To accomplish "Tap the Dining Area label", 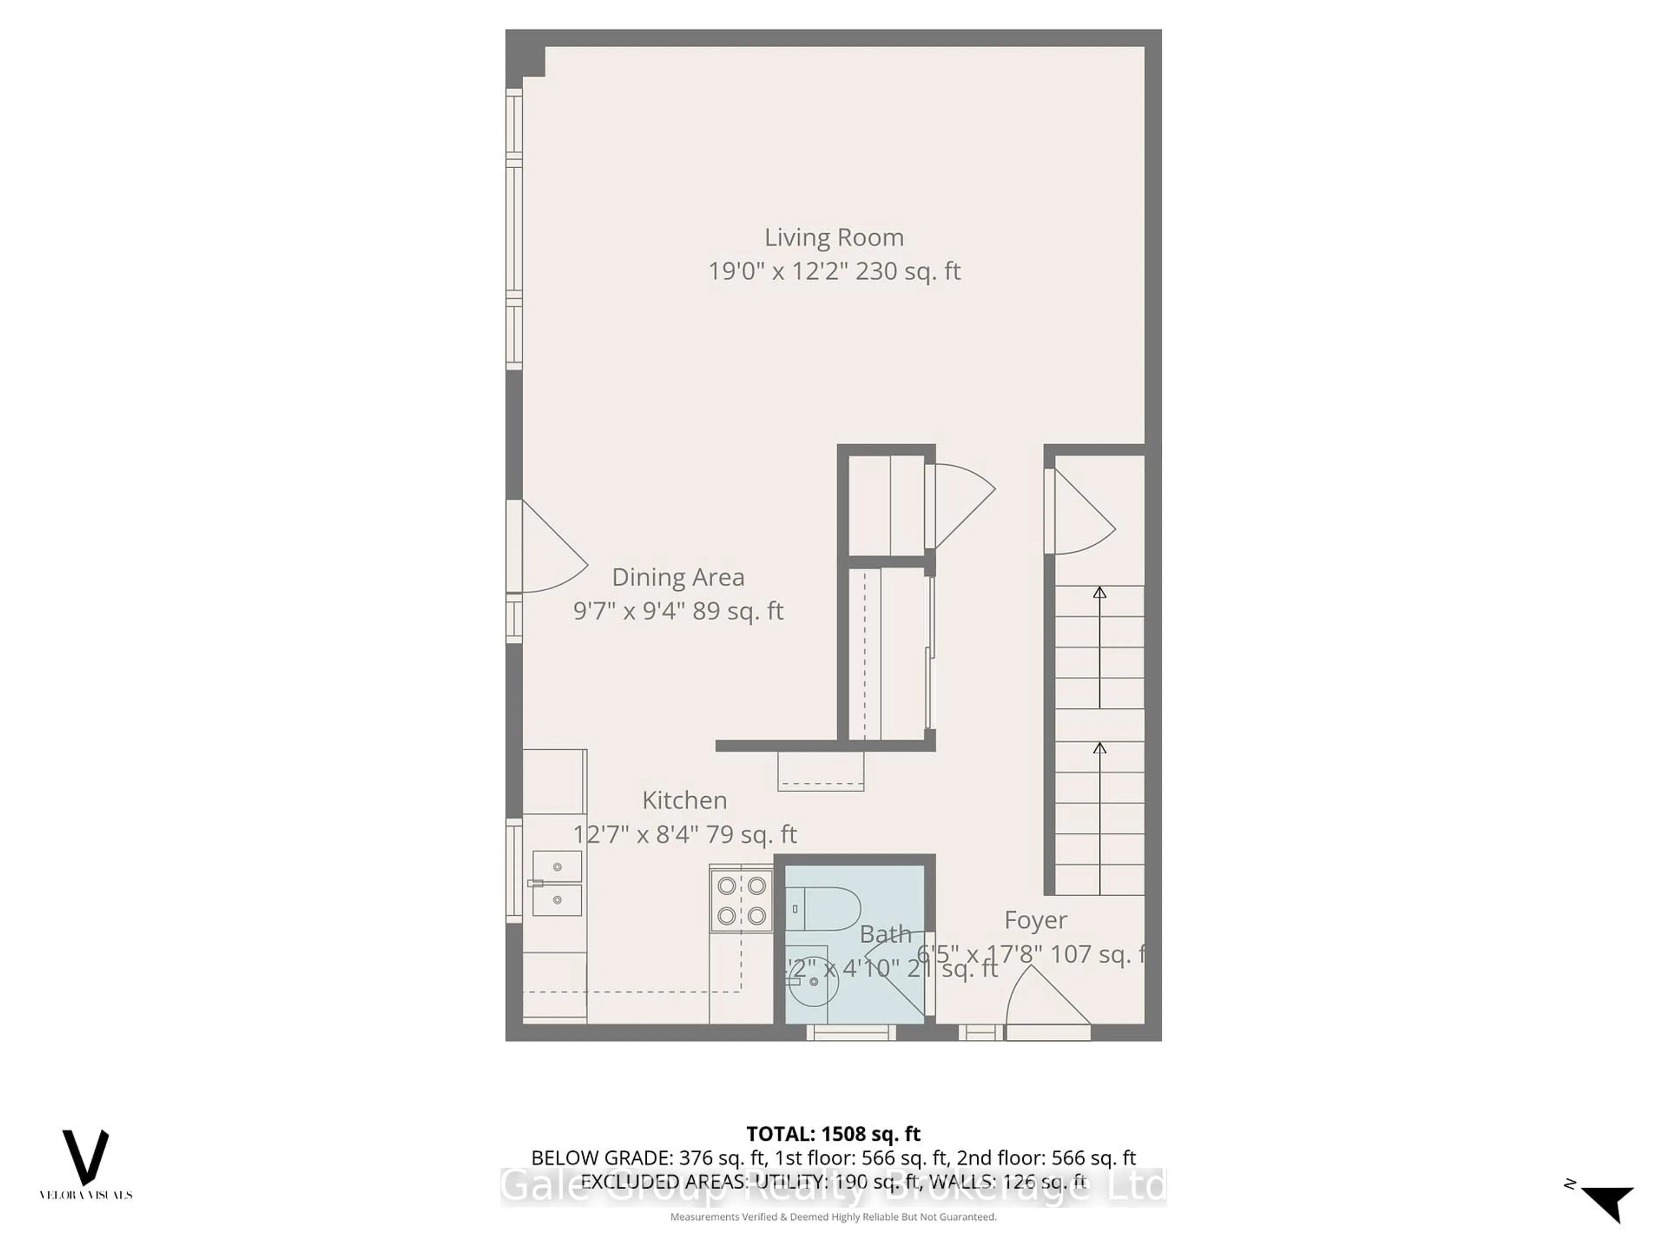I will [x=678, y=577].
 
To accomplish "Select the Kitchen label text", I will [x=684, y=800].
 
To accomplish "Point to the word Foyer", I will [x=1035, y=920].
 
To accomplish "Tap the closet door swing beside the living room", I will [x=961, y=505].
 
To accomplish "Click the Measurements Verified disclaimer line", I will [x=833, y=1216].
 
